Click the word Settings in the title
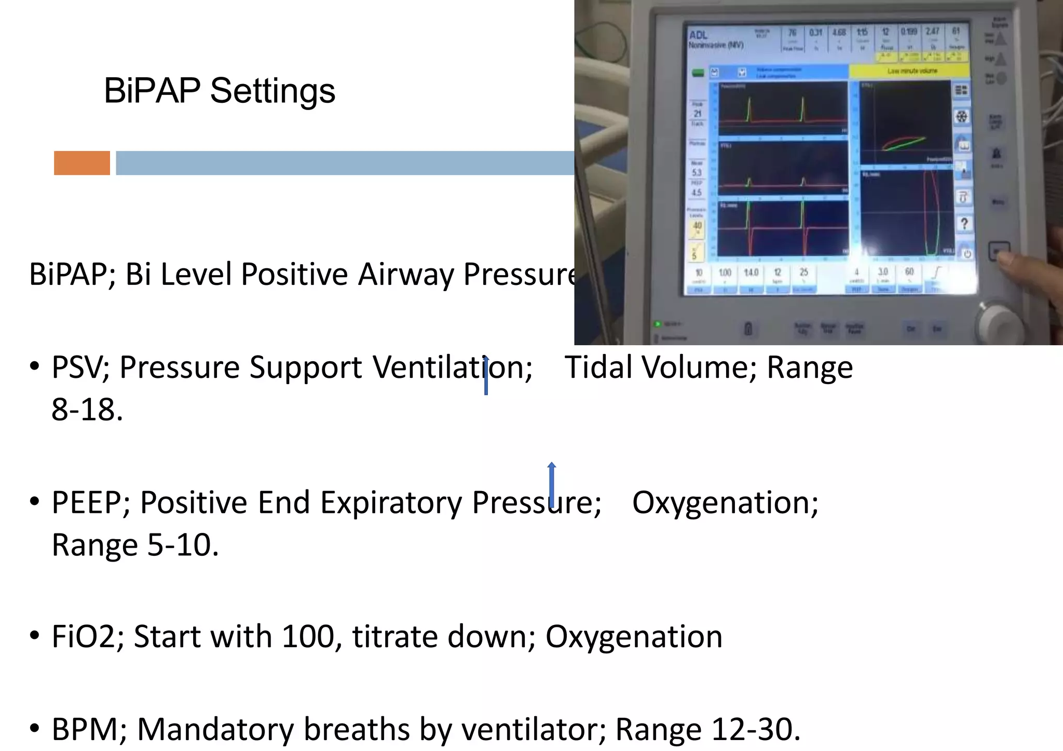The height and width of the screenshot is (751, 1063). [x=272, y=91]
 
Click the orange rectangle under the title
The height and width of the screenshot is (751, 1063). [x=82, y=163]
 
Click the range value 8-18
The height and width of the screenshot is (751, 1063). [x=87, y=410]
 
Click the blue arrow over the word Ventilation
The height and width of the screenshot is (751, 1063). [x=486, y=375]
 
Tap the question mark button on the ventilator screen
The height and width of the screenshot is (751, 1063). [x=964, y=224]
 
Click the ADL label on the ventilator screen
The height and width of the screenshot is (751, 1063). [x=699, y=35]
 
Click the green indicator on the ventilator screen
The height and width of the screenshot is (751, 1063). [x=698, y=73]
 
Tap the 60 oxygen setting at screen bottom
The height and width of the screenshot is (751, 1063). [x=909, y=272]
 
